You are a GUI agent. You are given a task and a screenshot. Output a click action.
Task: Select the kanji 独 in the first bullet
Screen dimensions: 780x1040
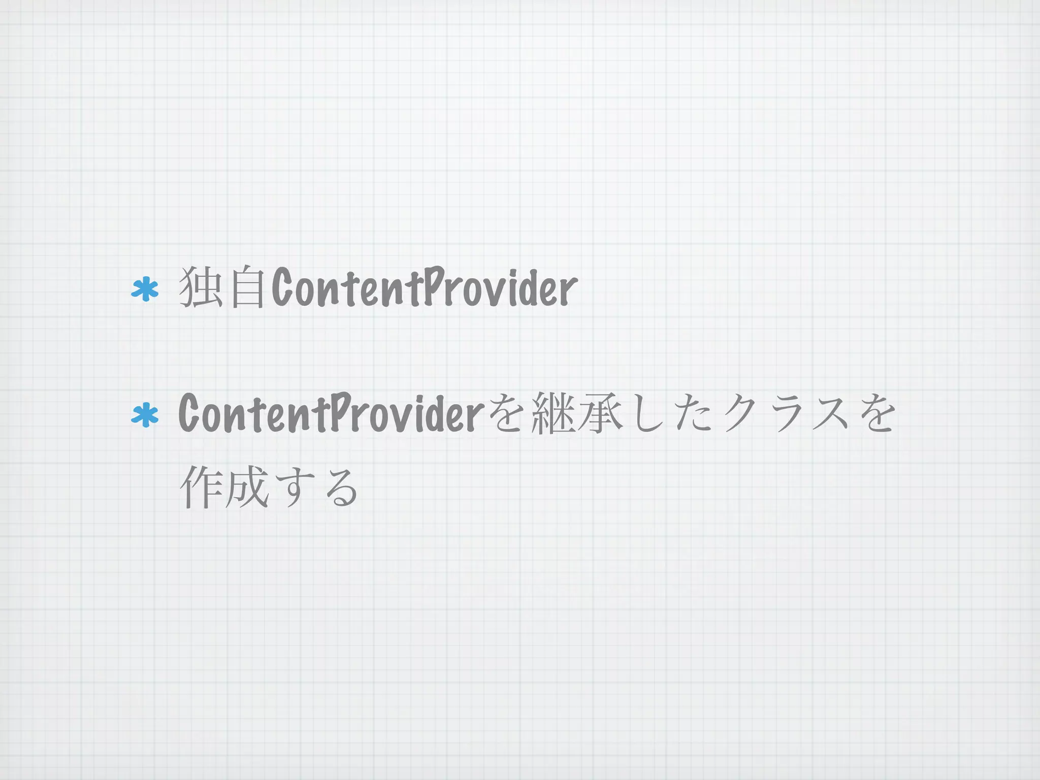(x=201, y=287)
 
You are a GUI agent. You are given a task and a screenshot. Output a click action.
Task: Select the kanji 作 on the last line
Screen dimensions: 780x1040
(x=201, y=486)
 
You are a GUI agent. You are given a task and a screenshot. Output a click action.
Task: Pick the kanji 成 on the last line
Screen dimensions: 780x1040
(x=246, y=486)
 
